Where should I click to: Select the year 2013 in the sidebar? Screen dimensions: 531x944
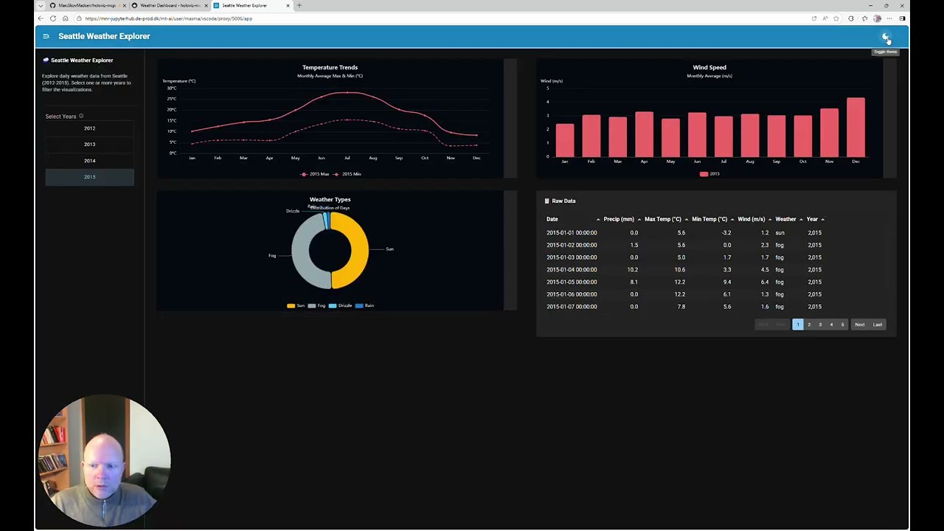click(x=89, y=145)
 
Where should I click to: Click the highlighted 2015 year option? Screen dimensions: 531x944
click(x=89, y=177)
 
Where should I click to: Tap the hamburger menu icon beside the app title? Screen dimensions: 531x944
click(x=46, y=36)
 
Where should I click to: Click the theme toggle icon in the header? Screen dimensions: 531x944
click(x=886, y=37)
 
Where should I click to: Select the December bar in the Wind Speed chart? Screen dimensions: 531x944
click(x=855, y=127)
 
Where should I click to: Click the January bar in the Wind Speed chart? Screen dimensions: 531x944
click(x=565, y=139)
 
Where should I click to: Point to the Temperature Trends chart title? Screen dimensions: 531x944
click(x=330, y=67)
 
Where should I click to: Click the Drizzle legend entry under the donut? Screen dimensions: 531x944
click(x=341, y=305)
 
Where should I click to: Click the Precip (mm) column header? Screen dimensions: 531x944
click(x=618, y=219)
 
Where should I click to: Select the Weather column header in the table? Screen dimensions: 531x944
click(x=785, y=219)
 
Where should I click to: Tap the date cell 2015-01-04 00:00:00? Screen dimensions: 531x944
click(x=572, y=270)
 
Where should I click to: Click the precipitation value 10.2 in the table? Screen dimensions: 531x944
click(x=632, y=270)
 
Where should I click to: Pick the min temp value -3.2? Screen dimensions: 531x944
click(x=726, y=233)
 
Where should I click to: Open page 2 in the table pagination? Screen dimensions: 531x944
click(x=808, y=324)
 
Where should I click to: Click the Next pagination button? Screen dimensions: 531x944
click(x=859, y=324)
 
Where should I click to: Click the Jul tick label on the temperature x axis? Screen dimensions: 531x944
click(x=347, y=158)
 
